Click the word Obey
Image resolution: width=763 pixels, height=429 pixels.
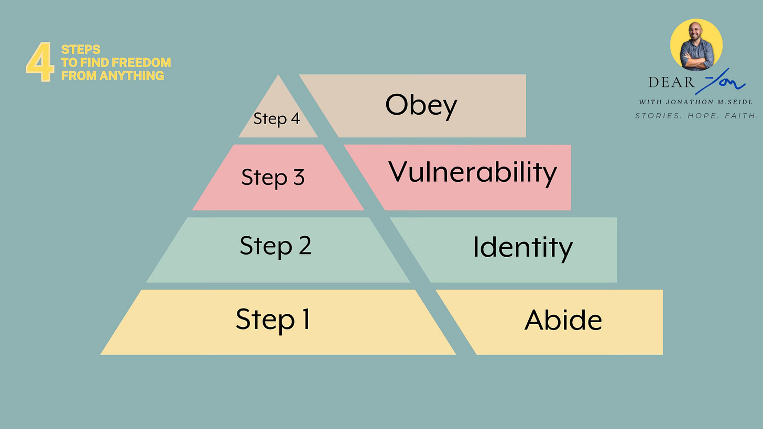click(x=421, y=106)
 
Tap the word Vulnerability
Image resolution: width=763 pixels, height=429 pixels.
click(x=473, y=173)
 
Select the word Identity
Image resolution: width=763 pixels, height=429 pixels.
click(x=523, y=248)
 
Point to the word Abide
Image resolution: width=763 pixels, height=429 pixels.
click(x=563, y=320)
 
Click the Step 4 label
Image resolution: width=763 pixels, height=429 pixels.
click(x=277, y=119)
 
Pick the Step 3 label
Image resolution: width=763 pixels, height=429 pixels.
click(x=273, y=178)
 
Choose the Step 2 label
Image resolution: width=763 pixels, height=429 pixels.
click(x=275, y=246)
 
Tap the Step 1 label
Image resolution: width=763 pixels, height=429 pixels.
click(x=273, y=319)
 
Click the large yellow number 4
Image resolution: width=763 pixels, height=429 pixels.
click(x=40, y=62)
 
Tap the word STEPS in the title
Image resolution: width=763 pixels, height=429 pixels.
click(x=81, y=50)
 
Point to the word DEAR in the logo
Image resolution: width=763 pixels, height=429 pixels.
click(x=671, y=82)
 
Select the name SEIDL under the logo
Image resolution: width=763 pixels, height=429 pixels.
click(x=740, y=102)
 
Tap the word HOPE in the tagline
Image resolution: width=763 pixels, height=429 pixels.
click(x=702, y=116)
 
